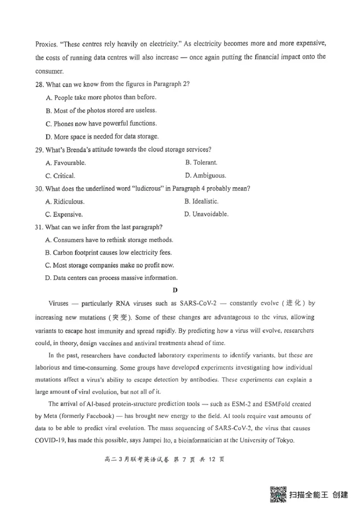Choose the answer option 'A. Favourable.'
66,162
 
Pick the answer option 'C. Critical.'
60,175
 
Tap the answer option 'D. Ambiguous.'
205,175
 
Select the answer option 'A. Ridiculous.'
65,201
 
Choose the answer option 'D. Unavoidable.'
206,214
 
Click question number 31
39,227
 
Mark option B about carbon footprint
108,253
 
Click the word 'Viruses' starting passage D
58,304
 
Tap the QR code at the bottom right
278,495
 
